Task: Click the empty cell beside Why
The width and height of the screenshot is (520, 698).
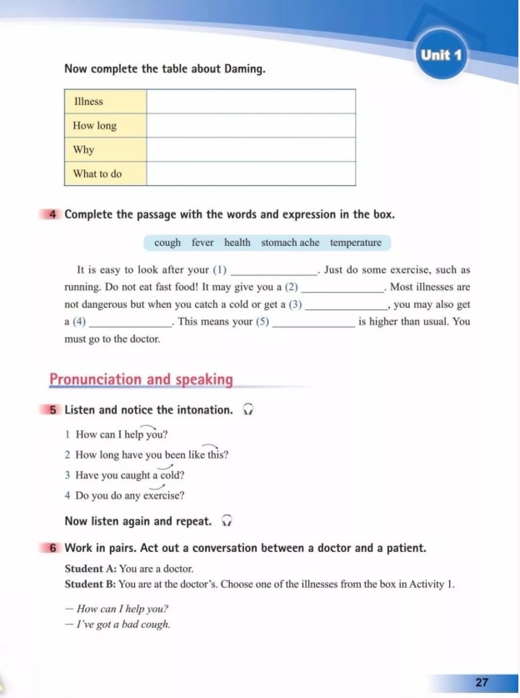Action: coord(251,150)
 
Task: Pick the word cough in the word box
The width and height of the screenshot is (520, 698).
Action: coord(167,243)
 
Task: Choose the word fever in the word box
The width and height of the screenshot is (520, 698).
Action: coord(202,243)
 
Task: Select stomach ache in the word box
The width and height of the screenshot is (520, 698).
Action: coord(290,243)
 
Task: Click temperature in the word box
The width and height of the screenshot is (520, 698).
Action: coord(355,243)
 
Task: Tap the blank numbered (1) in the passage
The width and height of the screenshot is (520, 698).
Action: coord(273,271)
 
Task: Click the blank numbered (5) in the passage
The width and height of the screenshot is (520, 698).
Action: coord(313,322)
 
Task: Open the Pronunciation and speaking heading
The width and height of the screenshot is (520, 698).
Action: coord(141,379)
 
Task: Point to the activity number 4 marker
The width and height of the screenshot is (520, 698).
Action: coord(53,214)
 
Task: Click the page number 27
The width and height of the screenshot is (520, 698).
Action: coord(482,682)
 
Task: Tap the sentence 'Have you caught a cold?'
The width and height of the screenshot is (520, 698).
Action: coord(129,475)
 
